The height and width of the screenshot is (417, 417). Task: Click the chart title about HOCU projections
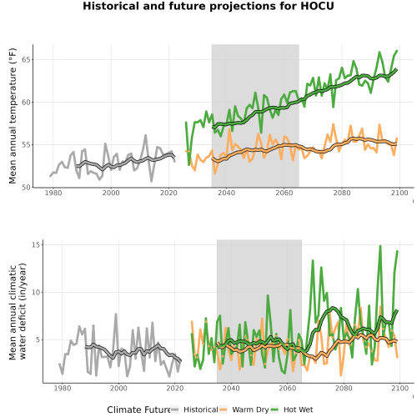coord(208,6)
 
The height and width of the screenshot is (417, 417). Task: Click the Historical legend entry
coord(201,409)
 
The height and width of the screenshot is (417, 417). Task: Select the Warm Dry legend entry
coord(250,409)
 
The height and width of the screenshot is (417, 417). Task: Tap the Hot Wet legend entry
coord(298,409)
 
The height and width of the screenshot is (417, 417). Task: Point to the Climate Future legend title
coord(138,409)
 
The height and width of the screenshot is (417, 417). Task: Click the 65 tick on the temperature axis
coord(27,60)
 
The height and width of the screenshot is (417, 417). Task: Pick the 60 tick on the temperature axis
coord(27,103)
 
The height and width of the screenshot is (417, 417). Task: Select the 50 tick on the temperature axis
coord(27,188)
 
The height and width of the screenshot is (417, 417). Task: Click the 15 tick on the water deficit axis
coord(37,244)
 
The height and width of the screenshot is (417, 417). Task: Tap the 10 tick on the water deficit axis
coord(37,292)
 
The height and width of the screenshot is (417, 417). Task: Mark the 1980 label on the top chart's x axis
coord(53,193)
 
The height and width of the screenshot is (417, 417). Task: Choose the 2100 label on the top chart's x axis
coord(399,193)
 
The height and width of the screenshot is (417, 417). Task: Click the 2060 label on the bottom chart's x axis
coord(287,388)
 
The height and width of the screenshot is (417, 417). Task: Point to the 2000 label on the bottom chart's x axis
coord(118,388)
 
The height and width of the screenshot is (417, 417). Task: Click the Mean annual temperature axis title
coord(13,116)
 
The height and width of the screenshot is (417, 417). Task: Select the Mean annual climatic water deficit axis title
coord(18,311)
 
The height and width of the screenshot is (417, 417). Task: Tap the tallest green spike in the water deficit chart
coord(380,246)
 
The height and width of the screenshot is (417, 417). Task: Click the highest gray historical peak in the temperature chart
coord(145,135)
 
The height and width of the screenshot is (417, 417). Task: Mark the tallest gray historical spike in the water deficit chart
coord(116,314)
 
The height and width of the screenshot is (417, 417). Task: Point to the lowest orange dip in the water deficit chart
coord(341,375)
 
